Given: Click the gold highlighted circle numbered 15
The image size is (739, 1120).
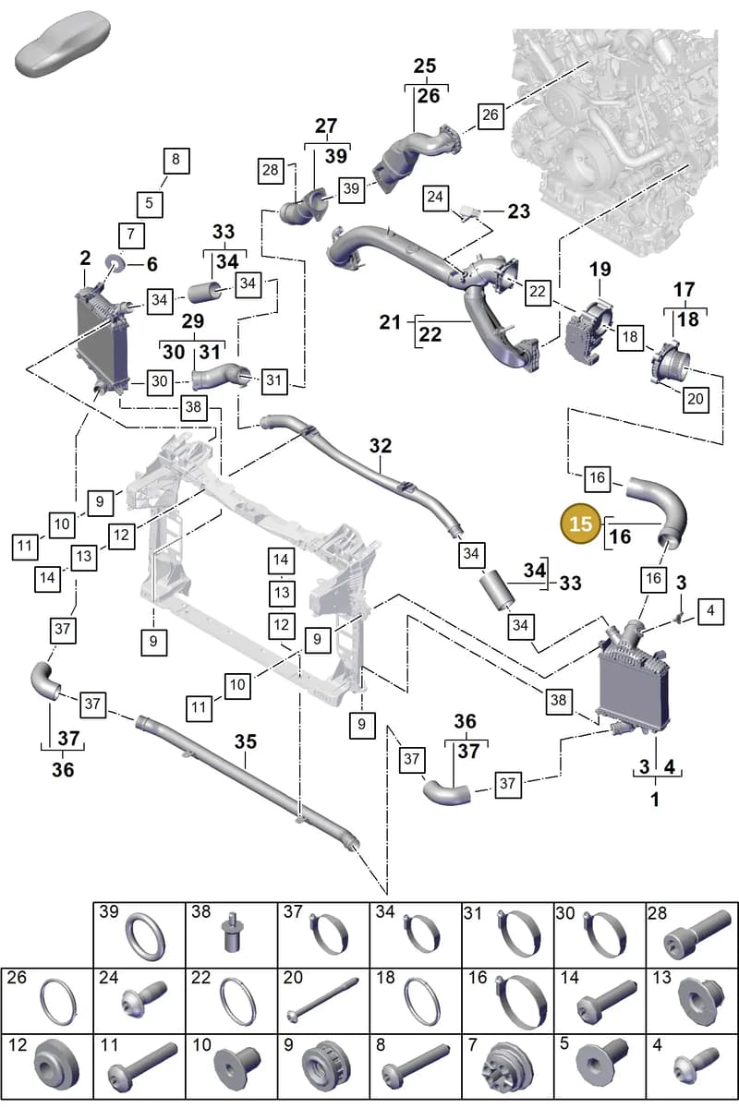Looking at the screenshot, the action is click(580, 523).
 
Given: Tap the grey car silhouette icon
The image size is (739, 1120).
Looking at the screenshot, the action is click(63, 43).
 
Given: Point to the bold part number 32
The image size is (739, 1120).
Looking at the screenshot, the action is click(381, 445).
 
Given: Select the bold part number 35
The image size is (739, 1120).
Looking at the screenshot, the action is click(245, 741).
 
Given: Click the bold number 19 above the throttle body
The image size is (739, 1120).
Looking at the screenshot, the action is click(600, 270).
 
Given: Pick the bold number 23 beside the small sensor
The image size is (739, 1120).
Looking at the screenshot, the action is click(519, 211).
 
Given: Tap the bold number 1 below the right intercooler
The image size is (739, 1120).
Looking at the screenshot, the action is click(655, 800).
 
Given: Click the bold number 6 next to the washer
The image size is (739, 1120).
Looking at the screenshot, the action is click(152, 264).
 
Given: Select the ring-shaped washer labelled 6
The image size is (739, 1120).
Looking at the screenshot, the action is click(115, 262).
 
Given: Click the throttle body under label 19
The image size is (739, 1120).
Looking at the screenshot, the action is click(589, 330).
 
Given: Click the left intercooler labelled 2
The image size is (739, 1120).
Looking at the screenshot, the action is click(103, 339).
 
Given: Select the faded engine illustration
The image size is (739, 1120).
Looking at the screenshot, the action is click(614, 142).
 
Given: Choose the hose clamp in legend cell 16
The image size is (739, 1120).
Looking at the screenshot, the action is click(521, 1001).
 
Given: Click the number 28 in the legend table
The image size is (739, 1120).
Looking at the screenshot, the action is click(657, 913).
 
